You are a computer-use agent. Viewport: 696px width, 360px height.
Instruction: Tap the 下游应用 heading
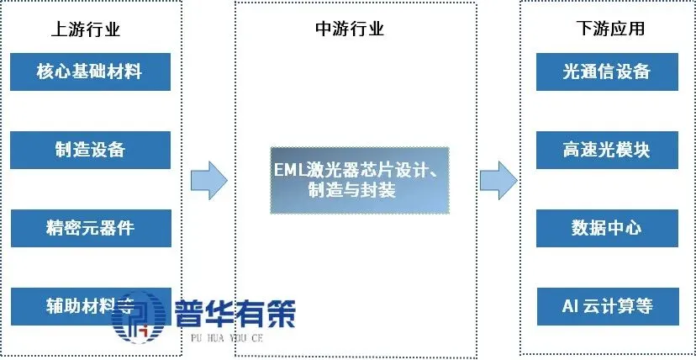[606, 29]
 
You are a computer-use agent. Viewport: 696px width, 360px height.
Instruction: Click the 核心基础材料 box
[89, 71]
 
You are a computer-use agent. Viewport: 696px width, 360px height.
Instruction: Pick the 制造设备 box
[89, 150]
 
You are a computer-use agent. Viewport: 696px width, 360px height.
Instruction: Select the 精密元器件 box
[89, 228]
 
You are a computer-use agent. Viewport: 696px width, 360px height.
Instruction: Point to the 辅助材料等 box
[89, 305]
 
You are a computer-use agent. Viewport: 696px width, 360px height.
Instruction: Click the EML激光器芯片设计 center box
[359, 180]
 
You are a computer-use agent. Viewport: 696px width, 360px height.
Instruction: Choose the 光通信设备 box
[606, 71]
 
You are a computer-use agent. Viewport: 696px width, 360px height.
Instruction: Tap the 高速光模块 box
[606, 150]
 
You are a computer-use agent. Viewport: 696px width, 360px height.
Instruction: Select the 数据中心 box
[606, 228]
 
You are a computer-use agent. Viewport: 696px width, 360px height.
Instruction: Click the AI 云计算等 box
[606, 305]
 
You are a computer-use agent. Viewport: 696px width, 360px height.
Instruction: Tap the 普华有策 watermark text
[235, 315]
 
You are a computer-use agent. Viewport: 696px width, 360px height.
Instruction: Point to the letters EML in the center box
[290, 171]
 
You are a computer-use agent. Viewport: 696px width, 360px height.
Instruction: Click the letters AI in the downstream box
[569, 305]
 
